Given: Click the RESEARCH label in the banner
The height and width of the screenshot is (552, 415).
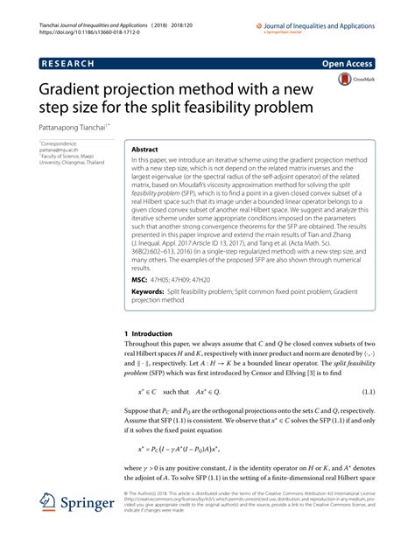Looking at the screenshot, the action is tap(72, 64).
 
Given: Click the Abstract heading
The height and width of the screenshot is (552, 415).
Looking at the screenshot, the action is tap(146, 150).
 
